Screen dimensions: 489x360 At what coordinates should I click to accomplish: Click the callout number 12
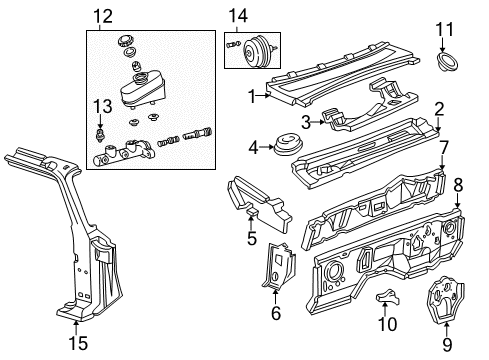click(103, 16)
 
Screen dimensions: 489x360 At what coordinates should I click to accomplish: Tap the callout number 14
click(238, 16)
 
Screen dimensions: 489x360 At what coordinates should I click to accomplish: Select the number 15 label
click(78, 343)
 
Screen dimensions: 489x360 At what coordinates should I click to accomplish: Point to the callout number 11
click(445, 29)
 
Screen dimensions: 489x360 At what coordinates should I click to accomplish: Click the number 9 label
click(447, 344)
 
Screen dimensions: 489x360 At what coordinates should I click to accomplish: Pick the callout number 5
click(252, 238)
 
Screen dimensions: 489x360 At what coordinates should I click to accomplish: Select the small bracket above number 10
click(387, 296)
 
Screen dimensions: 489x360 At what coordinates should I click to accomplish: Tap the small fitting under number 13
click(99, 135)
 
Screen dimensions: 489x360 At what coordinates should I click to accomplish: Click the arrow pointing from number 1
click(263, 96)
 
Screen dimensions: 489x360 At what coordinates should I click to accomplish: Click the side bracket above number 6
click(280, 267)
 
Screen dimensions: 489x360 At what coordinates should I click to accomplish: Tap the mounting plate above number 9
click(445, 299)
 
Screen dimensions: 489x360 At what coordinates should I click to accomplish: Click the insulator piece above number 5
click(259, 204)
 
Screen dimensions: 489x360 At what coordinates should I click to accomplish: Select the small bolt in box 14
click(233, 44)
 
